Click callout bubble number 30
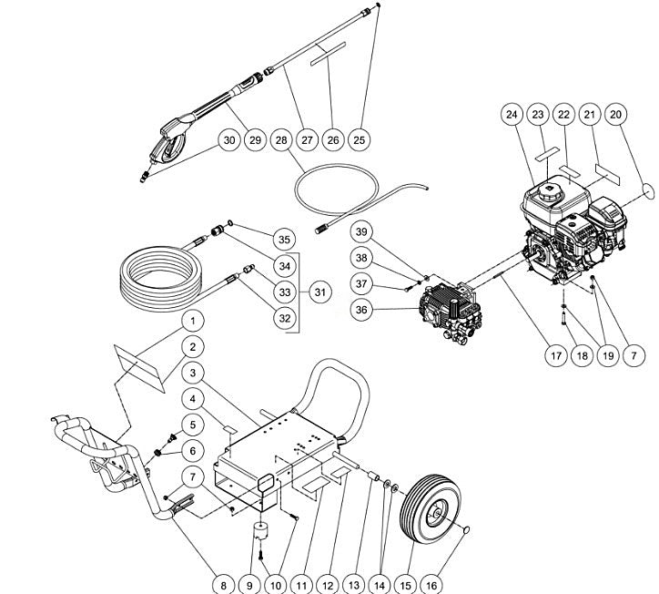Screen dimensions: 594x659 click(x=228, y=140)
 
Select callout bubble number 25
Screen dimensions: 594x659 click(x=360, y=140)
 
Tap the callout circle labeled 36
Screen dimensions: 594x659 click(x=362, y=312)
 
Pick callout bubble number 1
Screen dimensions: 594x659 click(x=192, y=321)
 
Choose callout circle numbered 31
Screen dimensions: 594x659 click(x=319, y=292)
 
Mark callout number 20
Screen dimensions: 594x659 click(x=616, y=114)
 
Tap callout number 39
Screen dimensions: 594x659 click(x=362, y=232)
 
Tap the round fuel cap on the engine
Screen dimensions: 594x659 click(x=552, y=195)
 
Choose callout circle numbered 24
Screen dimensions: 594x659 click(x=511, y=114)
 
